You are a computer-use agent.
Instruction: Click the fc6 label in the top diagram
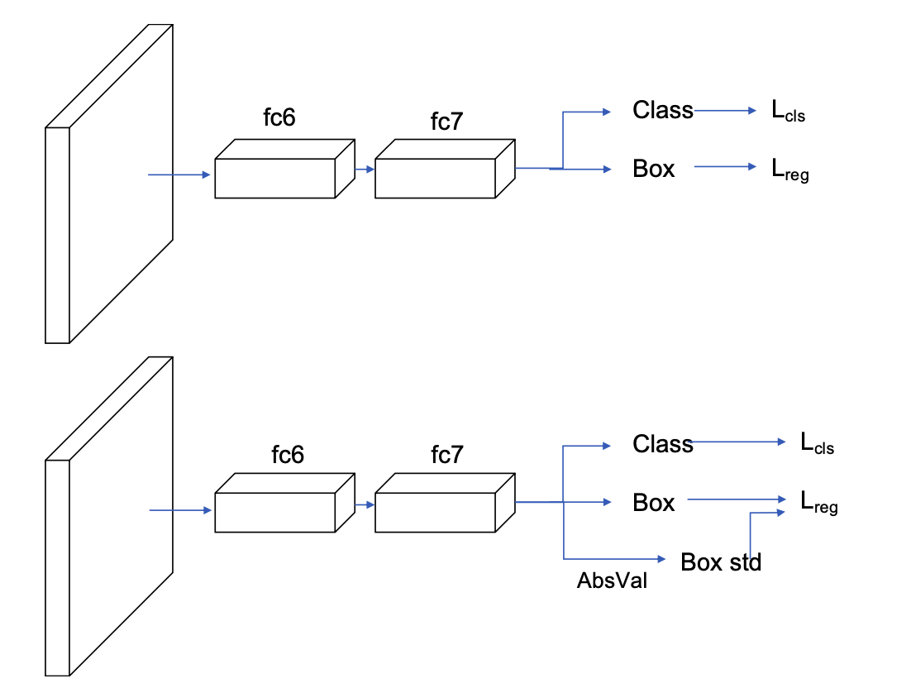[x=279, y=117]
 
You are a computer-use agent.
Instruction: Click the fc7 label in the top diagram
[x=446, y=122]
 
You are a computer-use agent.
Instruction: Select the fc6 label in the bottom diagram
[x=288, y=454]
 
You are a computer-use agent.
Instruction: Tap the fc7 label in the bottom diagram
[x=446, y=454]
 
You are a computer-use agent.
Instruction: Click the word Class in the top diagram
[x=663, y=110]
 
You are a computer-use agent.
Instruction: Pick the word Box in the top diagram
[x=654, y=169]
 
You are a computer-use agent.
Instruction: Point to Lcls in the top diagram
[x=788, y=112]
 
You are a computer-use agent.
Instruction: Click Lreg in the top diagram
[x=789, y=171]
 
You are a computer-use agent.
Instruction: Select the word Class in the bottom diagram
[x=663, y=444]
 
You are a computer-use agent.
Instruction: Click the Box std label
[x=721, y=562]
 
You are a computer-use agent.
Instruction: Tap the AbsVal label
[x=612, y=580]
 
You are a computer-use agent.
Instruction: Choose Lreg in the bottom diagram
[x=818, y=502]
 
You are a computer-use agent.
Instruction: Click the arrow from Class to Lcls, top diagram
[x=724, y=110]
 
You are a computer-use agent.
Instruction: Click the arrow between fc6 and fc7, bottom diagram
[x=365, y=504]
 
